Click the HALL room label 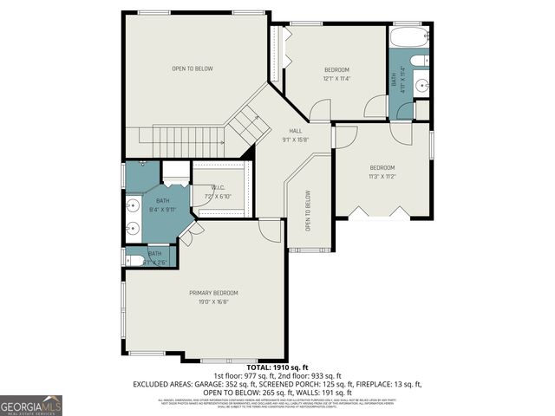295,131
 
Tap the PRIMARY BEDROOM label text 213,293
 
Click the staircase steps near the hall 248,126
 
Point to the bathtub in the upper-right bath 408,38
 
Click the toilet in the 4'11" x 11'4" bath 419,61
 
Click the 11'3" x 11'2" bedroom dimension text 382,176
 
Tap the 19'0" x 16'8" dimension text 213,302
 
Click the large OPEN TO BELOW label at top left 193,68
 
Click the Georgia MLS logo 31,405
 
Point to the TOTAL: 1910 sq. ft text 277,367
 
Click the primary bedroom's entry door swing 270,230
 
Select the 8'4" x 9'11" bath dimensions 162,209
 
